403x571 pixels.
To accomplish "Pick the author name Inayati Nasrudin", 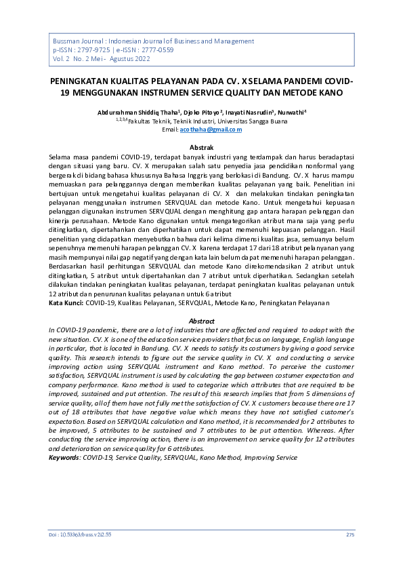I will tap(251, 111).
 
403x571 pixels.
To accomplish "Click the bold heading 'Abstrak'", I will tap(201, 147).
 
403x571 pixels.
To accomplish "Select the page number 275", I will tap(350, 534).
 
